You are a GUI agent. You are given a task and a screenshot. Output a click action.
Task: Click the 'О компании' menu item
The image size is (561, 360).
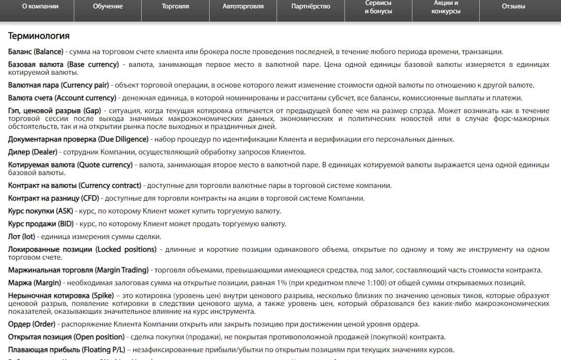[40, 7]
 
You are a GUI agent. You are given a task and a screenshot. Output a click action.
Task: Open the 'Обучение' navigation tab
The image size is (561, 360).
[108, 7]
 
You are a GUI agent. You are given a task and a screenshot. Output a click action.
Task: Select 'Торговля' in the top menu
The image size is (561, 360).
[175, 7]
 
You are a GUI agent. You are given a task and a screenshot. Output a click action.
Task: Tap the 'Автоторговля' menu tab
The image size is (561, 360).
[243, 7]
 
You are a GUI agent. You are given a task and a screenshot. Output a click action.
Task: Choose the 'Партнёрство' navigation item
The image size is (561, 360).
[311, 7]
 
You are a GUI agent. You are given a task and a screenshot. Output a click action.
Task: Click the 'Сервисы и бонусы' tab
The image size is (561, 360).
[378, 7]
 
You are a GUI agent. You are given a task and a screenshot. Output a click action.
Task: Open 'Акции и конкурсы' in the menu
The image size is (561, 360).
[446, 7]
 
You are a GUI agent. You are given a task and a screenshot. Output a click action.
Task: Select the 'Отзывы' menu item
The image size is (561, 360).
[513, 7]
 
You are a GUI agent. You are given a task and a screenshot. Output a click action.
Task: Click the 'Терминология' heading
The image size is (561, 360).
[39, 36]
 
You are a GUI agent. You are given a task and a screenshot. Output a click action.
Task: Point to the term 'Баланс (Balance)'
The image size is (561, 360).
[36, 52]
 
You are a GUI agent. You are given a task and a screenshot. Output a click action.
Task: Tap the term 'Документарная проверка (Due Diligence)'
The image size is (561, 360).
[78, 139]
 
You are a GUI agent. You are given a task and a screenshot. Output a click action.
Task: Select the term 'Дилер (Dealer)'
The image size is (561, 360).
[32, 152]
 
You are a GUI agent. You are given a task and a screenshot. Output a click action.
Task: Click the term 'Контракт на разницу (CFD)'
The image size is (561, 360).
[54, 199]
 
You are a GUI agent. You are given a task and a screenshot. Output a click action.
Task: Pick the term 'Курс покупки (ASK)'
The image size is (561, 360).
[41, 211]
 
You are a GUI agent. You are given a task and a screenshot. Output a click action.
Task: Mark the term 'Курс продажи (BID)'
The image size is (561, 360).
[41, 224]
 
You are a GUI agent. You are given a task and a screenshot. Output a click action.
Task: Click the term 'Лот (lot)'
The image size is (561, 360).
[22, 237]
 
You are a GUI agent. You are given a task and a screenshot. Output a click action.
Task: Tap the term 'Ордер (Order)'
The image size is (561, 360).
[31, 325]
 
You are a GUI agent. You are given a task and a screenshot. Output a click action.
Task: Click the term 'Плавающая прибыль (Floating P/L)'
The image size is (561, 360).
[66, 350]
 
